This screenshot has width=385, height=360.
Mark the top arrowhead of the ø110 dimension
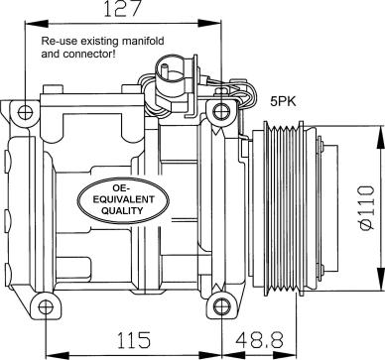point(378,131)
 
